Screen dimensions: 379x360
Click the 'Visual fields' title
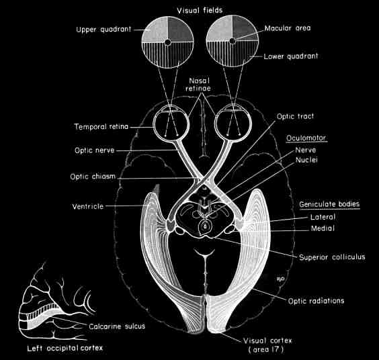pos(200,10)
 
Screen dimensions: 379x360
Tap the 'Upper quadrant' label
pos(103,30)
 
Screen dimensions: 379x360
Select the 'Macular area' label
pos(288,28)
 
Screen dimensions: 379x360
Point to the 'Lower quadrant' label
pos(291,56)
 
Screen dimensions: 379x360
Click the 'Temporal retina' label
pos(101,126)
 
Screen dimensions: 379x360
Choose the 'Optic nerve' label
pos(95,150)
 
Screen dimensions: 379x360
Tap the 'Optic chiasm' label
pos(93,177)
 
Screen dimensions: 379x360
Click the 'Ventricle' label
pos(88,206)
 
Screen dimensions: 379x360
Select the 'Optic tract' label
pos(295,116)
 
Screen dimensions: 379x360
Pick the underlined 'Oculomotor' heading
pos(306,138)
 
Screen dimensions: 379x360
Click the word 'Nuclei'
pos(306,160)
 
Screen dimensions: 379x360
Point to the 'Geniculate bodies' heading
pos(329,204)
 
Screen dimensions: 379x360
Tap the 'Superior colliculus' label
pos(332,257)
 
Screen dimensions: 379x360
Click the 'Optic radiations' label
pos(316,301)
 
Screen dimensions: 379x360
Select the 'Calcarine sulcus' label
pos(117,326)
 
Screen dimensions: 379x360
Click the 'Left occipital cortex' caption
pos(65,348)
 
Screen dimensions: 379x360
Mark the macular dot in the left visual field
pos(168,42)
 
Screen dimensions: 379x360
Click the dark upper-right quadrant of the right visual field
pos(244,27)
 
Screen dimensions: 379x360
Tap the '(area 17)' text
pos(266,349)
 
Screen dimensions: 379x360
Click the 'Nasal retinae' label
pos(198,85)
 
